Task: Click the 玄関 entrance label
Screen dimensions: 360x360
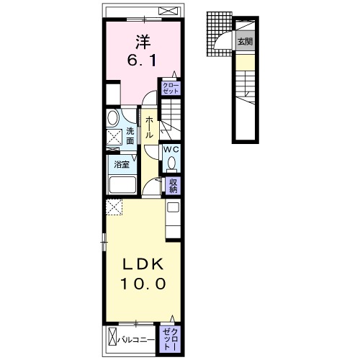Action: click(245, 42)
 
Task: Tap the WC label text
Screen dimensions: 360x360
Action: click(171, 150)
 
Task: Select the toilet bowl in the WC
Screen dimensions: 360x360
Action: click(171, 163)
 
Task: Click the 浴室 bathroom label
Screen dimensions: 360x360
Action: click(122, 165)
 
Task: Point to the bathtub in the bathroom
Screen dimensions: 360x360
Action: click(122, 185)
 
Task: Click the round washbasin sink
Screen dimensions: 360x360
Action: click(113, 117)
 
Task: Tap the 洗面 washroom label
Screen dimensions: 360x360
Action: click(130, 136)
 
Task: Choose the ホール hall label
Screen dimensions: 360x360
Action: click(149, 127)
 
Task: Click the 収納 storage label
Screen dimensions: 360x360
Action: click(173, 186)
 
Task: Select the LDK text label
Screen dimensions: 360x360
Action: click(143, 265)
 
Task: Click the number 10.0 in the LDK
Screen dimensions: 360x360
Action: click(143, 284)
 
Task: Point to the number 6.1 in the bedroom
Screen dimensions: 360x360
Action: click(142, 60)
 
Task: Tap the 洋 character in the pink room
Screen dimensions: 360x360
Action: click(143, 42)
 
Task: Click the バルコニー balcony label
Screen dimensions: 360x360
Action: click(136, 341)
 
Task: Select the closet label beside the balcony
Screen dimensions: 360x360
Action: click(171, 339)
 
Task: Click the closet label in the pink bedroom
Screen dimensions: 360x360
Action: click(171, 88)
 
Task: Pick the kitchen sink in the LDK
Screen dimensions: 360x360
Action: click(173, 207)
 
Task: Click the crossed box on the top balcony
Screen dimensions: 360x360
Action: click(169, 11)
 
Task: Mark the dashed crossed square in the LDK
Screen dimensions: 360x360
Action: click(114, 207)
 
